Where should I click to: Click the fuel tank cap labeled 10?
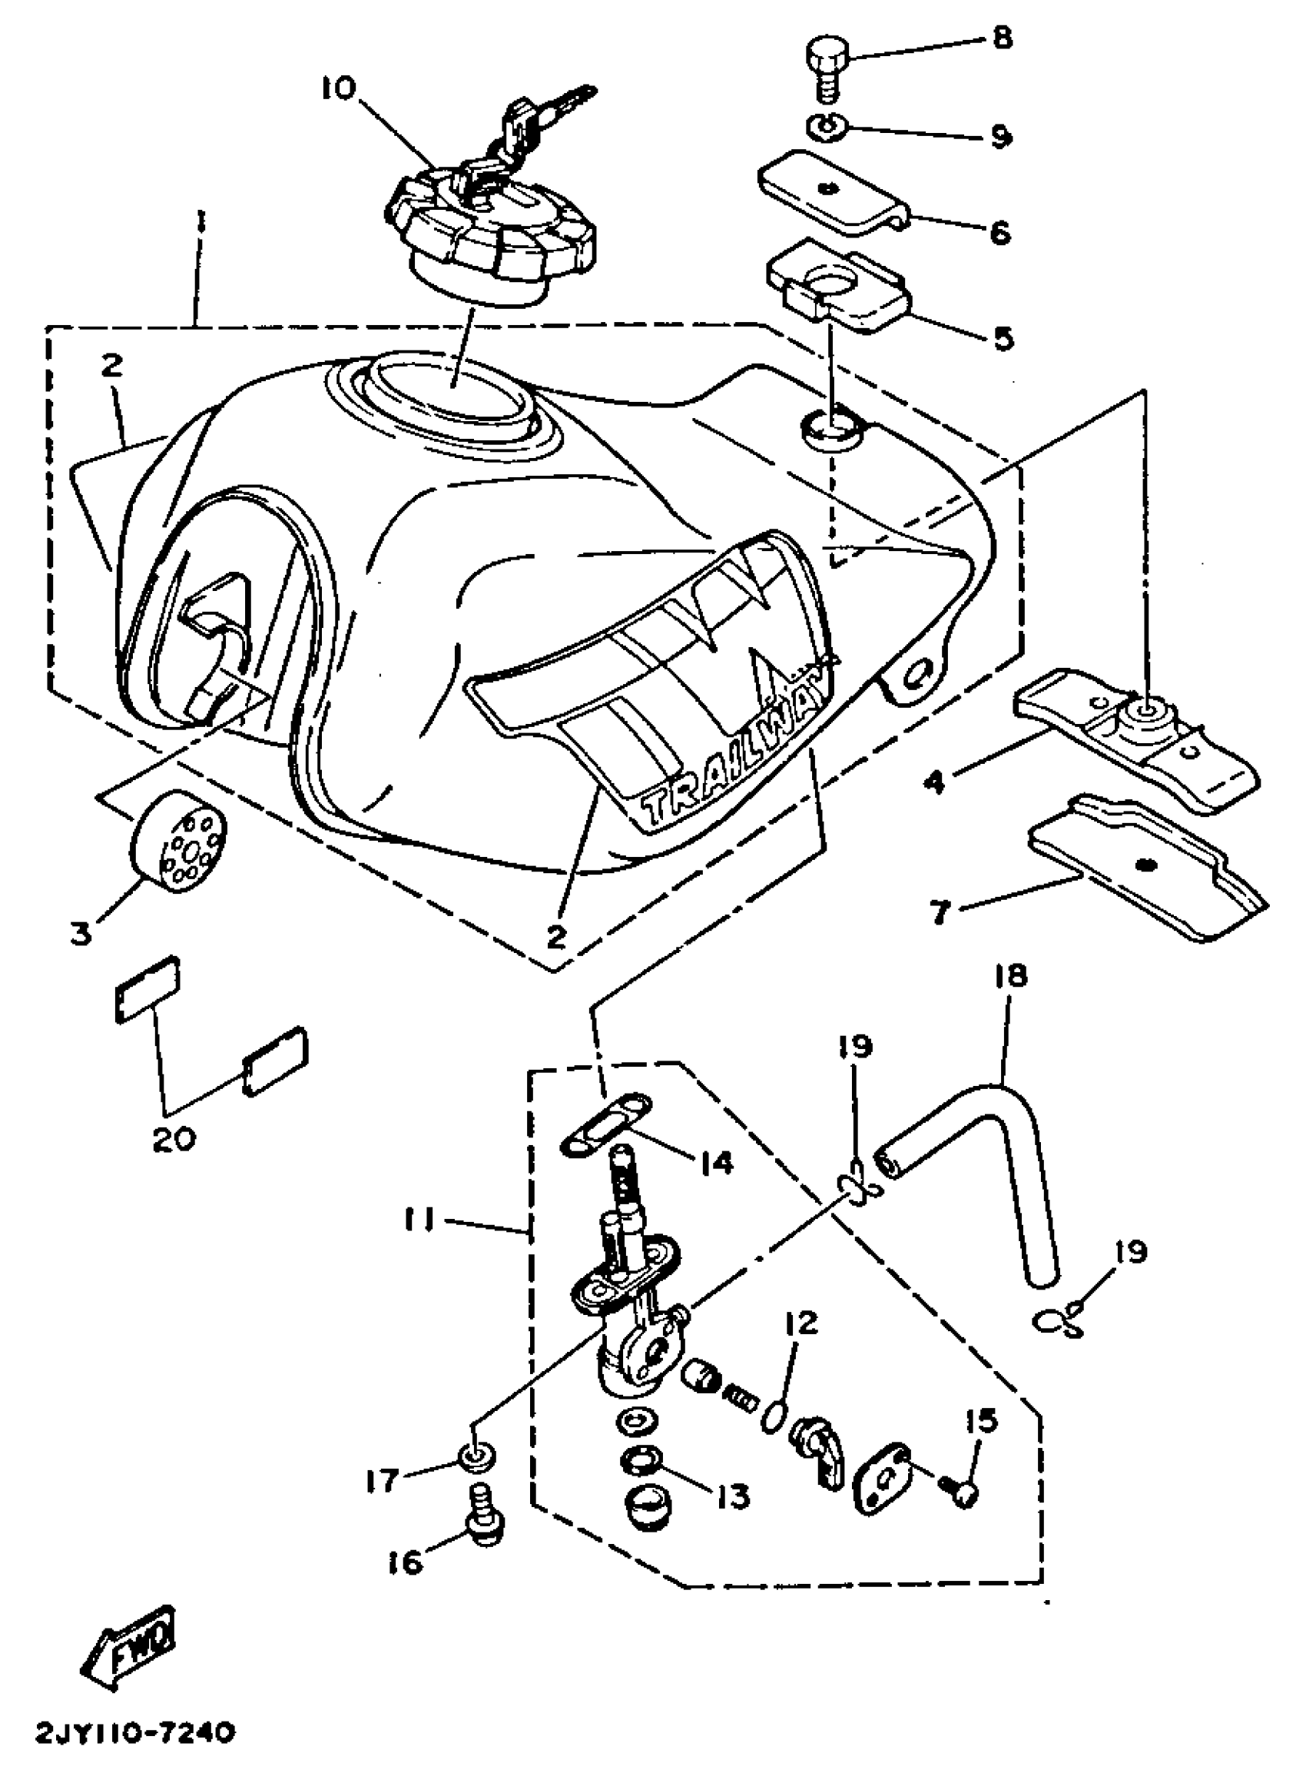490,237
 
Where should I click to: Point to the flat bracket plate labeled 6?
830,194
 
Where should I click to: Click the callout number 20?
174,1140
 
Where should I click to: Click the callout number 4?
935,782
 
